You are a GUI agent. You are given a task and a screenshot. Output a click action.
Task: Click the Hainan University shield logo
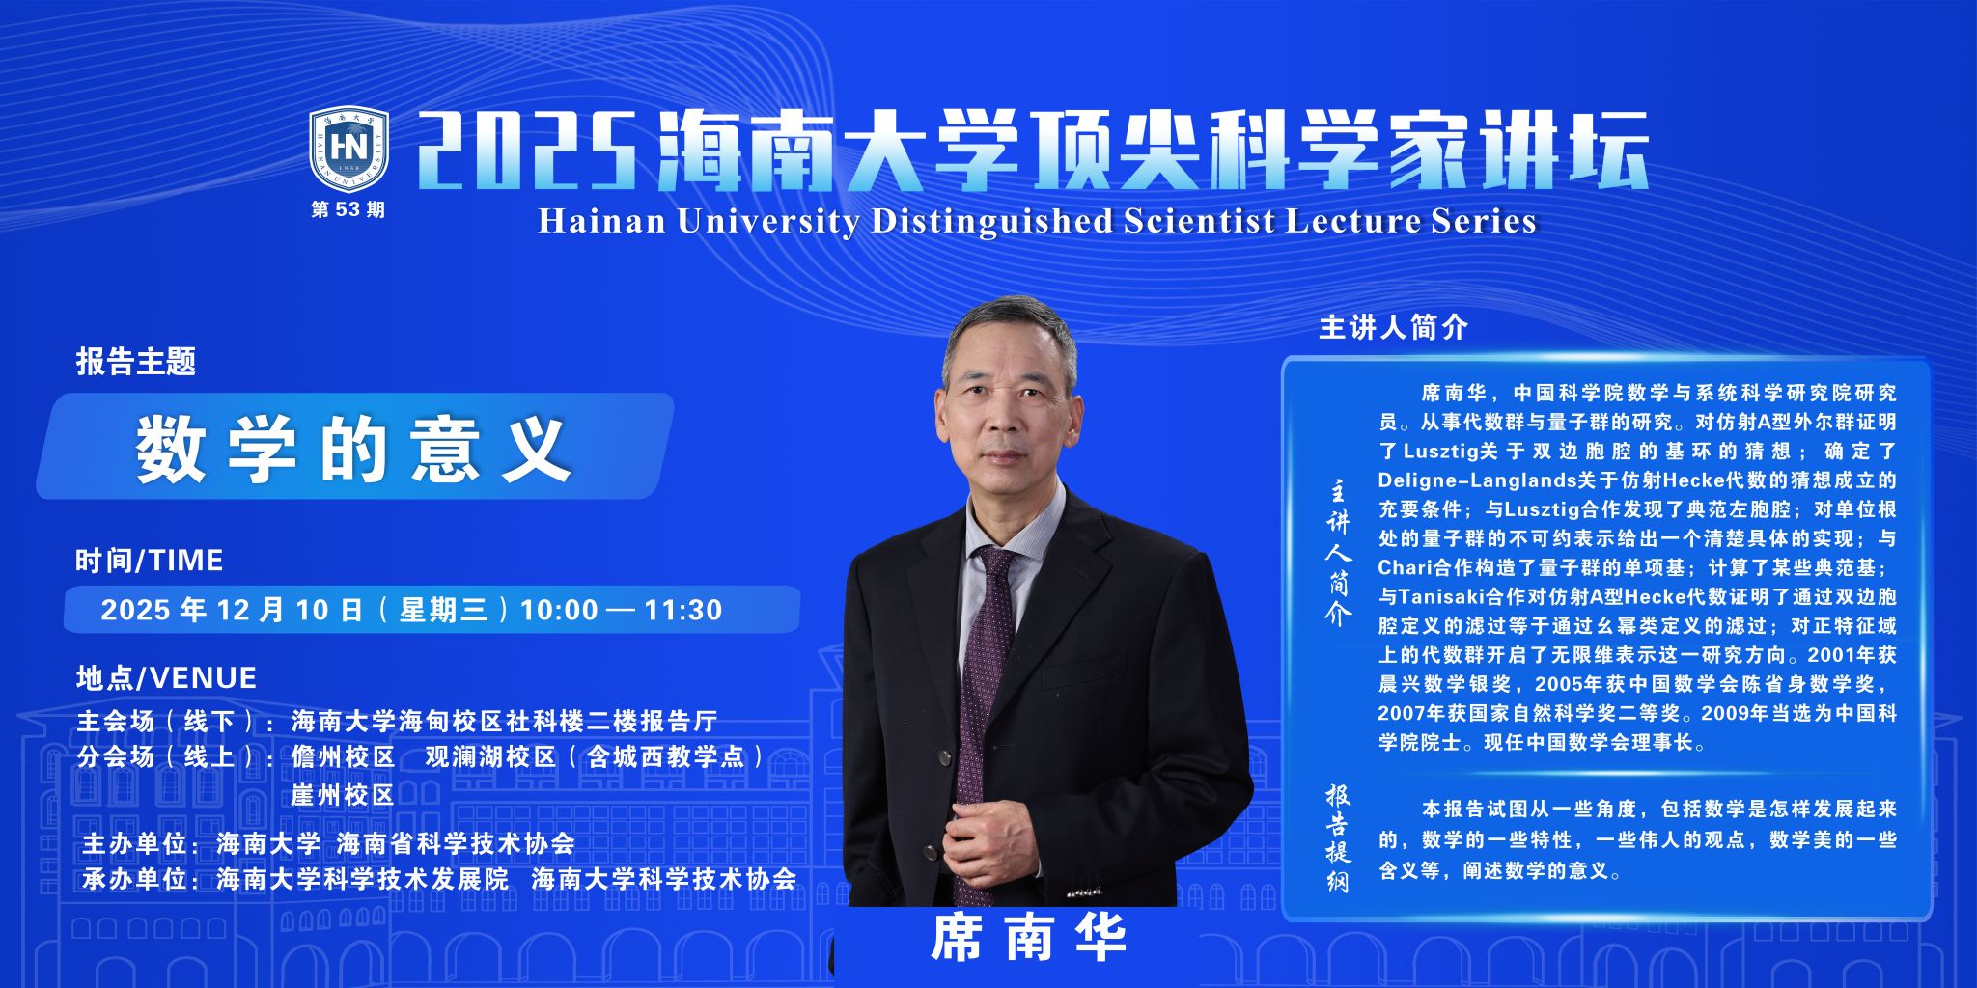point(348,149)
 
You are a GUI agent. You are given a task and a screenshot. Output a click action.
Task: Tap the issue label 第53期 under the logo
point(348,209)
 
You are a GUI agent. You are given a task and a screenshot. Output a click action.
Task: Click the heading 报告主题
point(136,362)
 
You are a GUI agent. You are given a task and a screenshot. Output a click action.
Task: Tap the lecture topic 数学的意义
point(353,449)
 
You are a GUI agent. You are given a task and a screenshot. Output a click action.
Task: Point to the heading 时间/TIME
point(150,561)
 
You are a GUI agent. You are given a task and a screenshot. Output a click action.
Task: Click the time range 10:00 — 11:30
point(621,610)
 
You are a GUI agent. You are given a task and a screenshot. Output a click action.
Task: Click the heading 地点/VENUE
point(166,678)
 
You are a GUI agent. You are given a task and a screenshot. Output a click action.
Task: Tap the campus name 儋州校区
point(344,756)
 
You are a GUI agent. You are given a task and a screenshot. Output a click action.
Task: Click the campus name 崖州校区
point(344,795)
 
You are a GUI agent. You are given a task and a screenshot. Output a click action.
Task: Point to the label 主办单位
point(134,843)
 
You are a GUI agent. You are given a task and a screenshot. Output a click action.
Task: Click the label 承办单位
point(134,879)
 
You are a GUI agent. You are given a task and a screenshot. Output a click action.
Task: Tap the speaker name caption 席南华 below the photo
point(1029,938)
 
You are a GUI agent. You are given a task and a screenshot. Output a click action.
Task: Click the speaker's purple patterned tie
point(981,704)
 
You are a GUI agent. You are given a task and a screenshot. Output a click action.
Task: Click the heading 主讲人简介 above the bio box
point(1393,328)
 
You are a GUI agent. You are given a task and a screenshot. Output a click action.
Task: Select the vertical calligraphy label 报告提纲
point(1337,837)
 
